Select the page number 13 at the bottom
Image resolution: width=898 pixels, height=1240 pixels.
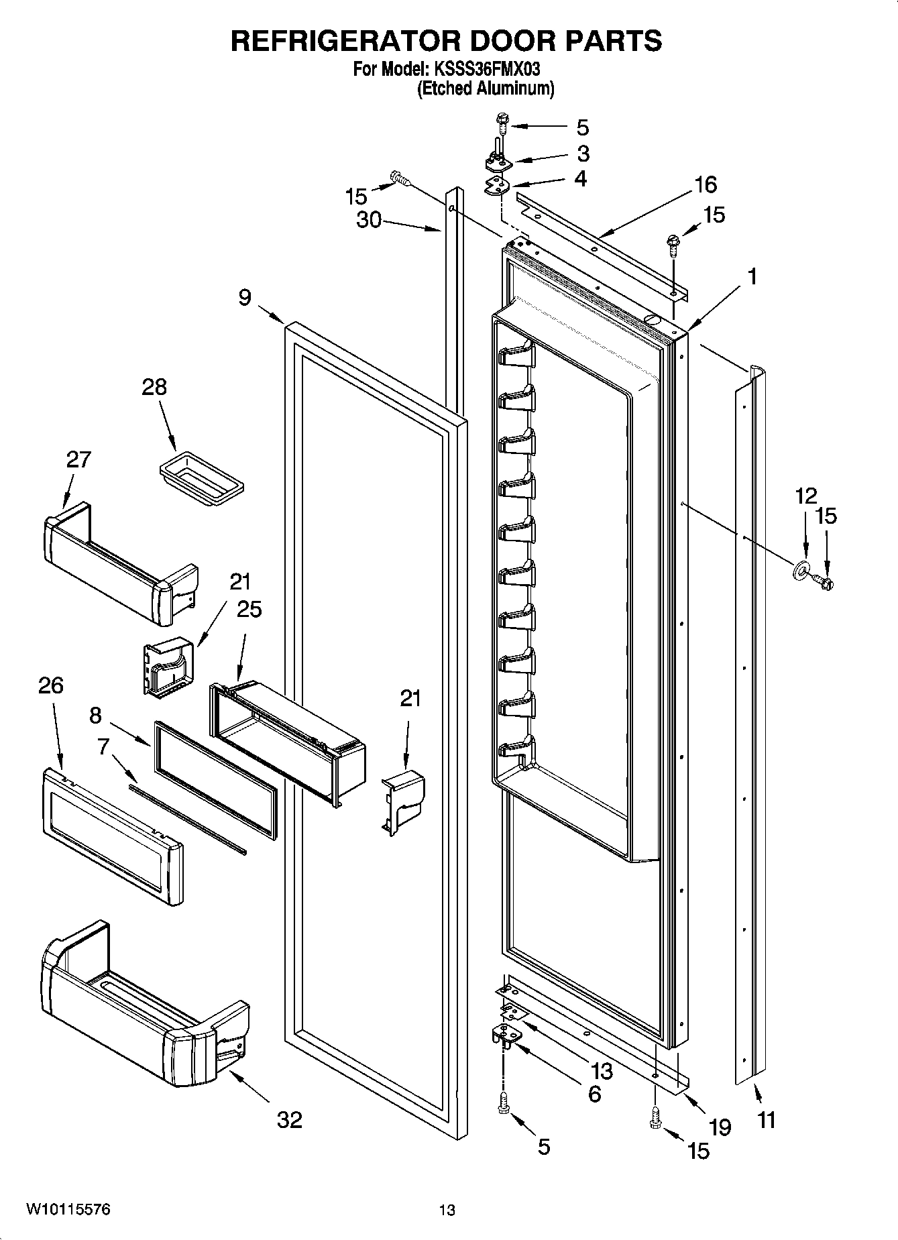[x=447, y=1210]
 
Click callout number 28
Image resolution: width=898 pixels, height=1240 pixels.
[x=154, y=387]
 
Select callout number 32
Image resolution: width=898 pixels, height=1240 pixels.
[x=290, y=1119]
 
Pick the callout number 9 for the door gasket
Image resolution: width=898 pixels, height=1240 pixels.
[x=245, y=296]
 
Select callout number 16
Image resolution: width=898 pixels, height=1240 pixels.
[x=706, y=184]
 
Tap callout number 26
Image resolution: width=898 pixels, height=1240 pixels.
[x=51, y=685]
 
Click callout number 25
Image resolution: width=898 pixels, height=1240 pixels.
[x=249, y=608]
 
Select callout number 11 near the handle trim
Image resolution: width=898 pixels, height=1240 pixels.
[x=767, y=1119]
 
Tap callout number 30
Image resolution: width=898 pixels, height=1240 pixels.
[x=369, y=219]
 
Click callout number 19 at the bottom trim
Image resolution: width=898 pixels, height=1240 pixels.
[x=720, y=1127]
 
